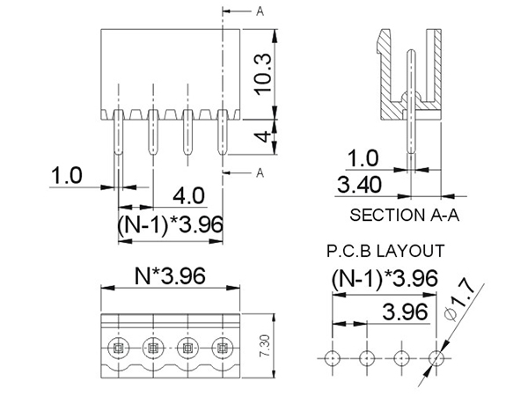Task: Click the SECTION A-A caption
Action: coord(406,214)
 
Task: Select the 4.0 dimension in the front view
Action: coord(189,194)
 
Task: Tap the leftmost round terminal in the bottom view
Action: coord(118,348)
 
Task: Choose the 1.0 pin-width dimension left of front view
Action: coord(66,175)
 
